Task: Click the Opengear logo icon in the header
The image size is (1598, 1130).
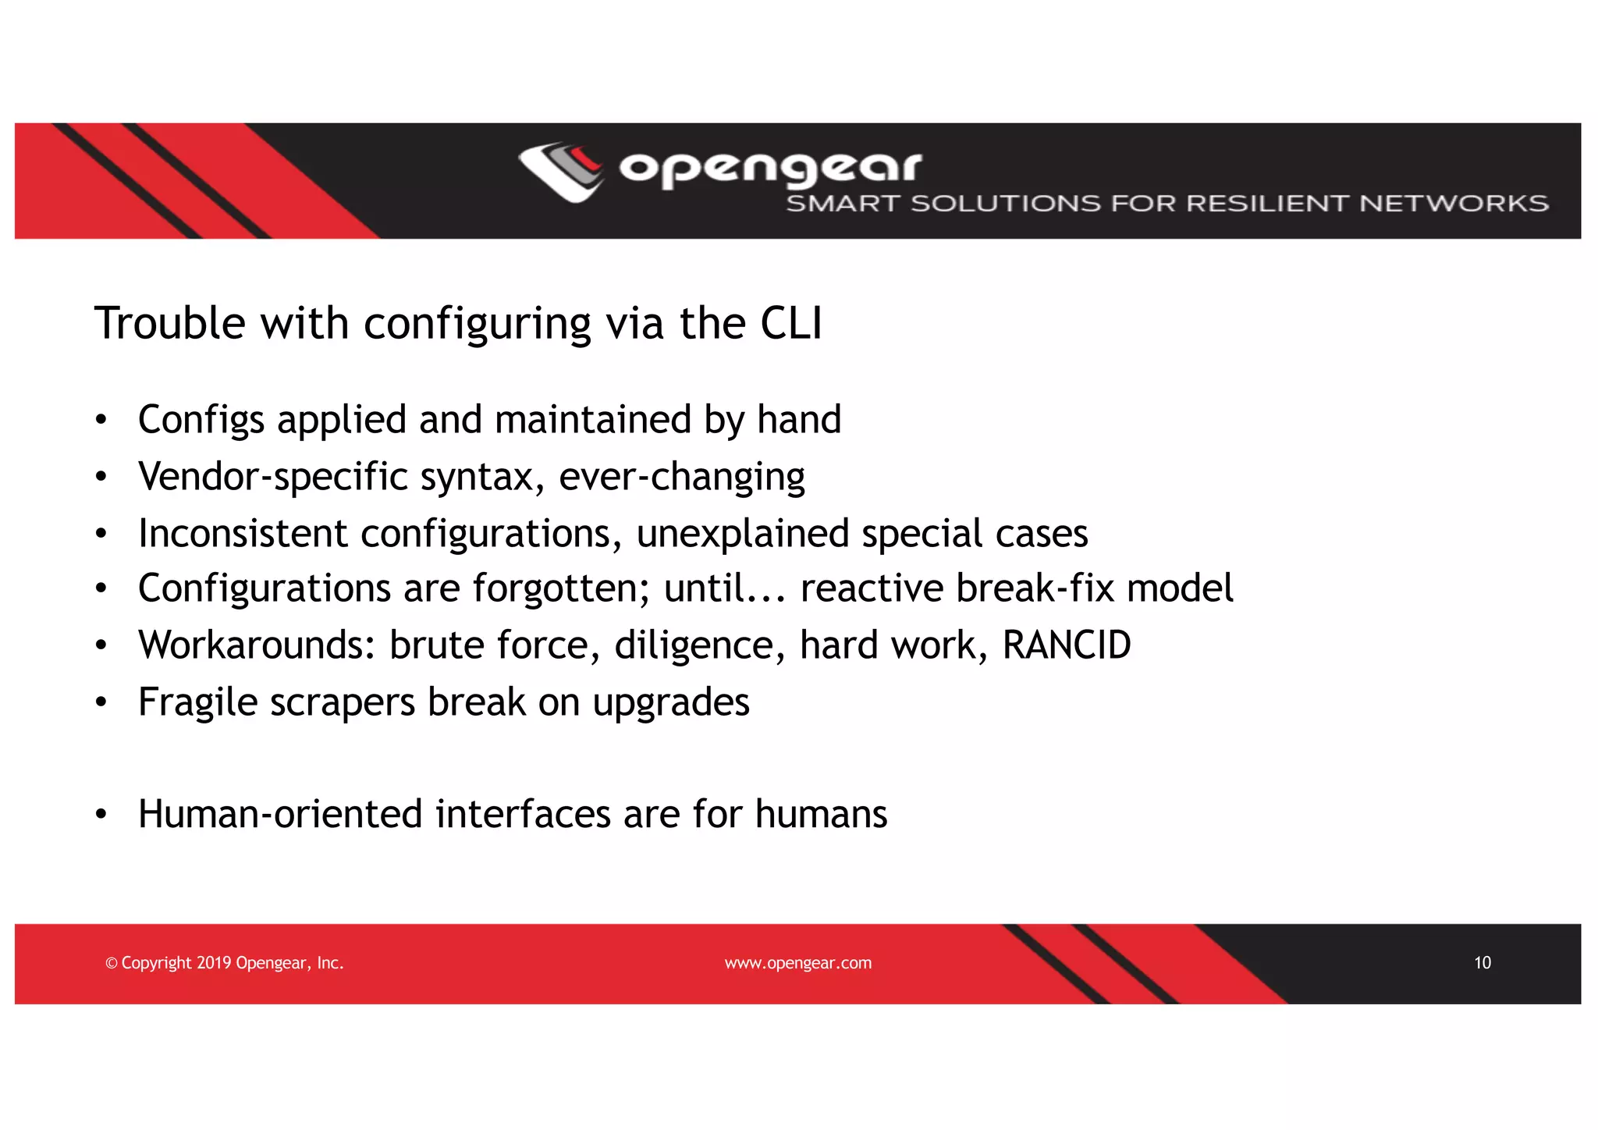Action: pos(560,172)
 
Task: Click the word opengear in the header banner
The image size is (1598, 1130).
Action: pos(770,168)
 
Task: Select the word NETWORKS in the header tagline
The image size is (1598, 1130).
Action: pos(1453,204)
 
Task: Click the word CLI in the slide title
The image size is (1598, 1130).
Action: pos(790,323)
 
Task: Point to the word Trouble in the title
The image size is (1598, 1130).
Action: pos(169,323)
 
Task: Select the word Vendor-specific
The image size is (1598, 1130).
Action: pos(272,477)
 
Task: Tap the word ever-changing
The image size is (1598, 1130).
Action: pos(681,477)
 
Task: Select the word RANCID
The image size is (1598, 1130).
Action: pos(1066,645)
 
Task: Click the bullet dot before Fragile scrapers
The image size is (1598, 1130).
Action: pos(101,702)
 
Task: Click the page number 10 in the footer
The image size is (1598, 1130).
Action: pos(1482,963)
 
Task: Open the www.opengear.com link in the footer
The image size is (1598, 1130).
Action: pos(797,963)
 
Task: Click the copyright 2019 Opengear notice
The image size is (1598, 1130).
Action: pos(225,963)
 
